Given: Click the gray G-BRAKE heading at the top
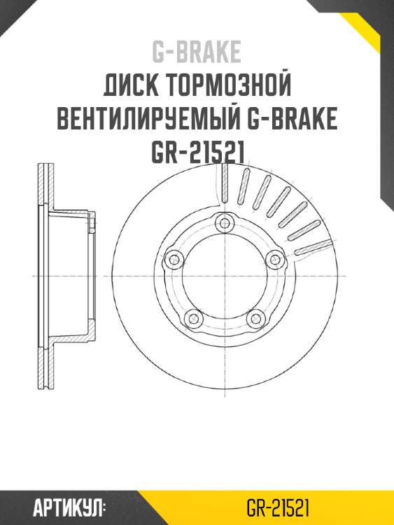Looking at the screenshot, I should [x=197, y=52].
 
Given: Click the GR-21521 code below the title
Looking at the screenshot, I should [x=197, y=153].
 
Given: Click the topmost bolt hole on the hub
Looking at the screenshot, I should [x=224, y=224].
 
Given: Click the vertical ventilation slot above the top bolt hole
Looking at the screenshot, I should [x=224, y=183].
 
